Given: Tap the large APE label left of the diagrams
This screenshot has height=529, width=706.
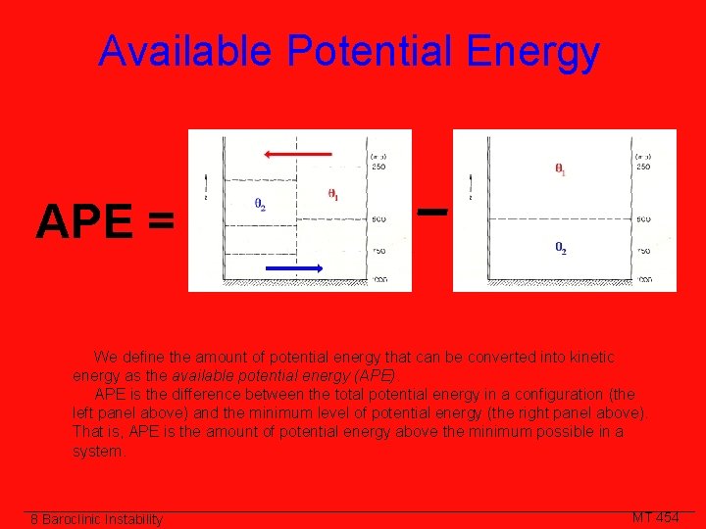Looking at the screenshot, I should point(83,223).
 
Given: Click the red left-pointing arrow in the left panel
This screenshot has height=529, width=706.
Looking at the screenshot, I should point(298,154).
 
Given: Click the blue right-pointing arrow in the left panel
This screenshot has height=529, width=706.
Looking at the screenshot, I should point(298,266).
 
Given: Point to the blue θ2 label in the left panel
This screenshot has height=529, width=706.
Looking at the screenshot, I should point(260,206).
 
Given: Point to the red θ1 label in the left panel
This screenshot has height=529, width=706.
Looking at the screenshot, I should point(333,194).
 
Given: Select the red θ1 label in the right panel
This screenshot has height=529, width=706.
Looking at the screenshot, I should point(560,168).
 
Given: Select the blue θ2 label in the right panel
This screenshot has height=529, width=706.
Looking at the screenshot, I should point(560,248).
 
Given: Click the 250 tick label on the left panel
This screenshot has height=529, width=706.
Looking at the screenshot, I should point(378,167).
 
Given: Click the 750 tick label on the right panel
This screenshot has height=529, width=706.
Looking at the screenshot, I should point(643,252).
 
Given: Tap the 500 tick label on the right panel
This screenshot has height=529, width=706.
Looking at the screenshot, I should point(643,219).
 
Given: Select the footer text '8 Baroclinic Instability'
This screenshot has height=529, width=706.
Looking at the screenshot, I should point(96,519).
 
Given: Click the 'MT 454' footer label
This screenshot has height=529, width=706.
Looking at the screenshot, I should point(655,517).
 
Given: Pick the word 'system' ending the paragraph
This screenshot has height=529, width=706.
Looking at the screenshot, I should point(97,451).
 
